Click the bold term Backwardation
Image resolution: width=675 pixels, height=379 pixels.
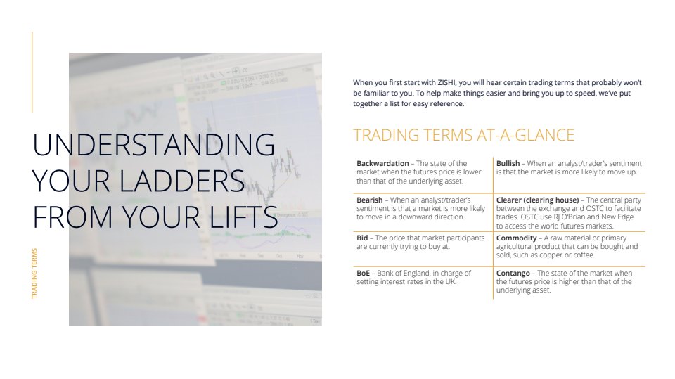[382, 163]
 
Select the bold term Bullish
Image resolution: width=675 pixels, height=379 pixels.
[508, 163]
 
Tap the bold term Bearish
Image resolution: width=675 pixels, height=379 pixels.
[369, 200]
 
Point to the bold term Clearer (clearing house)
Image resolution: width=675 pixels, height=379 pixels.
[537, 200]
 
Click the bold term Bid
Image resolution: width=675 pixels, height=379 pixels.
[362, 238]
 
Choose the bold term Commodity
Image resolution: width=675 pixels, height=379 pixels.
[517, 238]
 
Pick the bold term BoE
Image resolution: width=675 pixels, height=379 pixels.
[363, 273]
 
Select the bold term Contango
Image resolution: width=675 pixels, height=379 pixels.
[513, 273]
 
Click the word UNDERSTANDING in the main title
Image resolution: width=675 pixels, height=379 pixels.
[154, 144]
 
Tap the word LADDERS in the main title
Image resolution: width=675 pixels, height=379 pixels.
[181, 181]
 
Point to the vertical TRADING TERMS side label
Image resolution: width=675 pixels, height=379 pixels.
[34, 274]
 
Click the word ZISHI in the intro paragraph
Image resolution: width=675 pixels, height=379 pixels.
[447, 83]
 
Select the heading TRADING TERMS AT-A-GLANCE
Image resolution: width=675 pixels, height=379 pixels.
[463, 135]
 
